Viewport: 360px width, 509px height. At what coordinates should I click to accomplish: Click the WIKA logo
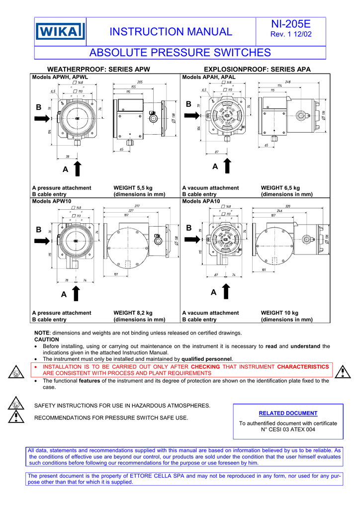pos(60,32)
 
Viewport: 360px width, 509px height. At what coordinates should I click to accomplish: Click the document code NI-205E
pos(290,24)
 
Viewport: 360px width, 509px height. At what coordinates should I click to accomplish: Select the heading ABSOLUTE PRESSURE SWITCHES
pos(180,53)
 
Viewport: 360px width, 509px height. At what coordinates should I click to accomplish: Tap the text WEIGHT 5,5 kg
pos(132,188)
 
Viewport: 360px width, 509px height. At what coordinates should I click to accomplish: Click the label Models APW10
pos(52,201)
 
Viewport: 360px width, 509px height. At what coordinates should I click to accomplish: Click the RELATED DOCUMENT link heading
pos(288,413)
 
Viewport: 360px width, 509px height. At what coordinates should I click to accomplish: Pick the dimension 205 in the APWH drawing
pos(141,82)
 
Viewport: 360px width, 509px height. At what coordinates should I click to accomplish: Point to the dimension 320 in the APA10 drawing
pos(288,206)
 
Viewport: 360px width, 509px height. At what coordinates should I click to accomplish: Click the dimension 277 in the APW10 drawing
pos(137,206)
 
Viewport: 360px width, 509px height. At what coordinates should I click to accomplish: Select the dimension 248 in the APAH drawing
pos(288,82)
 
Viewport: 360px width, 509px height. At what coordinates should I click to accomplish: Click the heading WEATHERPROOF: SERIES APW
pos(98,70)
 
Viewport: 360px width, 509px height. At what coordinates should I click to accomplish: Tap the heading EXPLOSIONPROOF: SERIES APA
pos(257,70)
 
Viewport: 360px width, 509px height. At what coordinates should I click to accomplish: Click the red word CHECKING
pos(205,366)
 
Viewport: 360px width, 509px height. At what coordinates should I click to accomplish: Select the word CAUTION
pos(46,339)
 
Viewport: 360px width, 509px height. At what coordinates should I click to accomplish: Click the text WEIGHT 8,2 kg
pos(132,313)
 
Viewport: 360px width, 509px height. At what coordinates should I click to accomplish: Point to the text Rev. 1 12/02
pos(291,34)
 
